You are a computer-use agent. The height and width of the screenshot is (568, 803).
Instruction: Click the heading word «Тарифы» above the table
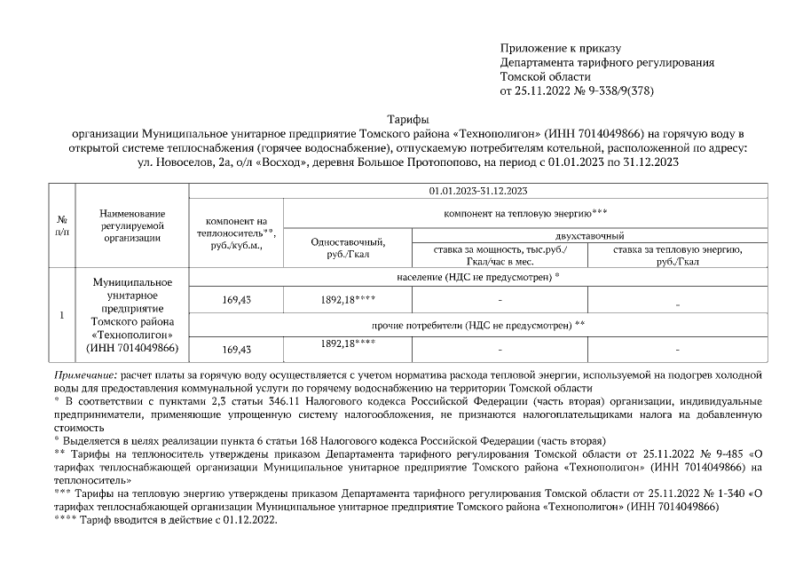(x=409, y=119)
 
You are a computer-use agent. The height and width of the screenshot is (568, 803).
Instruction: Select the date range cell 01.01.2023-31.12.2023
(x=478, y=190)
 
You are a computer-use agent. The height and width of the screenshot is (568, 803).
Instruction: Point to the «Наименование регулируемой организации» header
(x=132, y=225)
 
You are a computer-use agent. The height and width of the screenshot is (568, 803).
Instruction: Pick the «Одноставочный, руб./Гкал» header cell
(x=347, y=248)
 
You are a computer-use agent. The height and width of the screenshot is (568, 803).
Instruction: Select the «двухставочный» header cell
(x=602, y=235)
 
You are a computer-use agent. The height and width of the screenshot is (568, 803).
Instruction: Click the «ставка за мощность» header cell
(x=500, y=255)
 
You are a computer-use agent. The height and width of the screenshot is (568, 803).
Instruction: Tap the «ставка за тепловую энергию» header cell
(x=678, y=255)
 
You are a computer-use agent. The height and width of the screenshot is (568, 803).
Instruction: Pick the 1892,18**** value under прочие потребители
(x=347, y=343)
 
